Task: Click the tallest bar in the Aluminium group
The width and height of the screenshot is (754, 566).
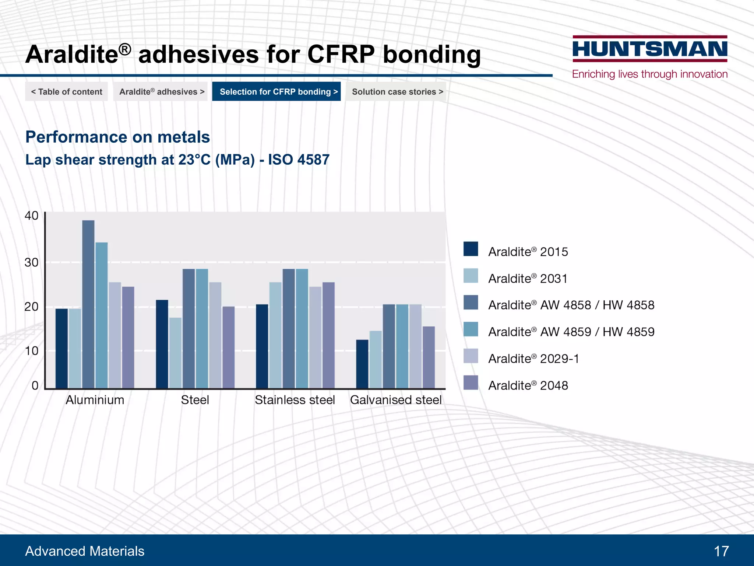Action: click(x=88, y=304)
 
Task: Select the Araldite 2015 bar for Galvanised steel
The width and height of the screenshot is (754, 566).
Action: click(x=362, y=364)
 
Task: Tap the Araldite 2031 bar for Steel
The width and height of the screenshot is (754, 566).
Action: click(x=175, y=353)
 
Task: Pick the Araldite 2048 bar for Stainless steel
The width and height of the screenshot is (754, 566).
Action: click(x=328, y=335)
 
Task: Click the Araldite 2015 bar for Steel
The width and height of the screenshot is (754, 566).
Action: click(x=162, y=344)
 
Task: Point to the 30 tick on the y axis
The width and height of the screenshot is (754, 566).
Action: click(x=31, y=262)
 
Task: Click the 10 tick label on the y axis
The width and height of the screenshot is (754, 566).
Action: click(x=31, y=351)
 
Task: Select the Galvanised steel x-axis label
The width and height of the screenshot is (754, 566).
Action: click(x=396, y=400)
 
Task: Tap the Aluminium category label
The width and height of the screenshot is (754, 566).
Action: click(x=95, y=400)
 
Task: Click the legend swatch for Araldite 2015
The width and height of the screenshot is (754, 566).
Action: click(x=471, y=249)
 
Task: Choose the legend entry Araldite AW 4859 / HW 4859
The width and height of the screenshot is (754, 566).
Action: click(x=571, y=332)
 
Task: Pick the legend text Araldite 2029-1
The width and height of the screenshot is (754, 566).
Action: click(x=533, y=359)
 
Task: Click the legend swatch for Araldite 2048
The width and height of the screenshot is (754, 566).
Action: click(x=471, y=382)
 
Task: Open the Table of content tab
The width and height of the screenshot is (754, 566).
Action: click(x=67, y=91)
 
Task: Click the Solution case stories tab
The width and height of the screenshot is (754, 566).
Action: click(x=397, y=91)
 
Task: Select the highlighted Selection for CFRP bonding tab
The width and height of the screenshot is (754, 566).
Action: click(x=276, y=91)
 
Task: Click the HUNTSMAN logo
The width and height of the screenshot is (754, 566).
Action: click(x=650, y=49)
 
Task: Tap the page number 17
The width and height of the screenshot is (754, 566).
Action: click(x=721, y=551)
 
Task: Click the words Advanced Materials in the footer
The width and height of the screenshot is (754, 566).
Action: click(x=85, y=551)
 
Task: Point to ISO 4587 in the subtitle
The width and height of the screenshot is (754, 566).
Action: click(x=299, y=160)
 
